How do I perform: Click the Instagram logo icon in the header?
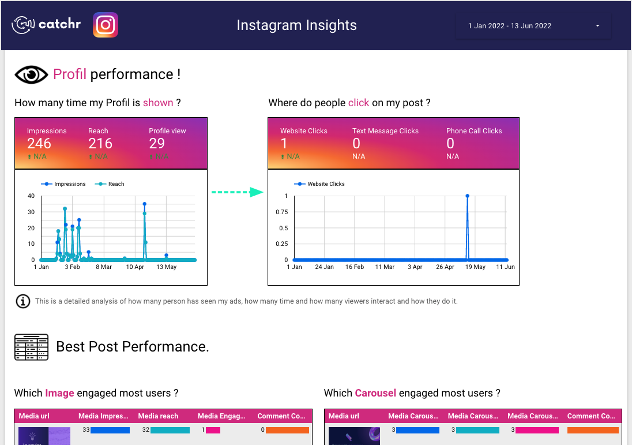tap(106, 25)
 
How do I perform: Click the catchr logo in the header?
tap(47, 25)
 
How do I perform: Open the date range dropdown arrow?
tap(597, 26)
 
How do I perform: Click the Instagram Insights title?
tap(296, 25)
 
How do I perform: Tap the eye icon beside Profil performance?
tap(31, 74)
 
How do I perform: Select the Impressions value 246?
tap(39, 144)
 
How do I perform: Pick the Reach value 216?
tap(100, 144)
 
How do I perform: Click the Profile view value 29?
tap(157, 144)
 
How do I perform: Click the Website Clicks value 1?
tap(284, 144)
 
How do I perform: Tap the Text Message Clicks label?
tap(385, 131)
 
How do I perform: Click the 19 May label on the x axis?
tap(476, 267)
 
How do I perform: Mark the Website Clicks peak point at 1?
tap(467, 196)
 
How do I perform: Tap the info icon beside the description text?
tap(23, 301)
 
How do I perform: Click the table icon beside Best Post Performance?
tap(31, 347)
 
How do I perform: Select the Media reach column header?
tap(161, 416)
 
